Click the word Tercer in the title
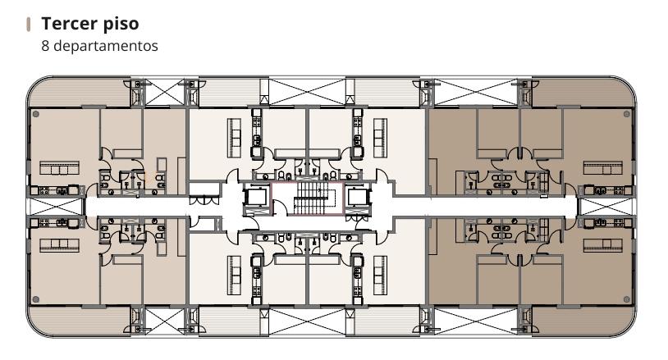(67, 24)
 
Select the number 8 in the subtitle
(45, 46)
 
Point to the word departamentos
(106, 46)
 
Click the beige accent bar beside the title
(29, 25)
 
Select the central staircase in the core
(313, 198)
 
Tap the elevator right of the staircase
(358, 198)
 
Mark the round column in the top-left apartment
(36, 114)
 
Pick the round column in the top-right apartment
(627, 114)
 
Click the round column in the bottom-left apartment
(36, 299)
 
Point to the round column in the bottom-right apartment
(627, 299)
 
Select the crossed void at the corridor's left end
(54, 207)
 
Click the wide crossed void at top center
(307, 92)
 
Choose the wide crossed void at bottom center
(307, 321)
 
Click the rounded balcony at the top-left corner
(79, 93)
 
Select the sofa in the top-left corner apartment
(60, 167)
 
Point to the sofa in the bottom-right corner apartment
(603, 245)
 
